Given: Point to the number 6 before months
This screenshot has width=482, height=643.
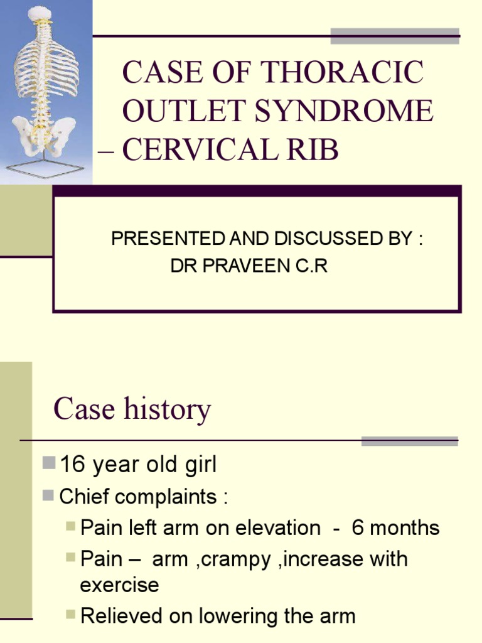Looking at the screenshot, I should (x=358, y=527).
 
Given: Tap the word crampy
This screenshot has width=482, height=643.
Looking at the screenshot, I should (x=247, y=558).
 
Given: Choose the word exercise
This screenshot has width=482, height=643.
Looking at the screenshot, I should (x=119, y=585).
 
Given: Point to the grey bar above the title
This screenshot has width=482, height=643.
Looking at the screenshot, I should (x=395, y=36).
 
